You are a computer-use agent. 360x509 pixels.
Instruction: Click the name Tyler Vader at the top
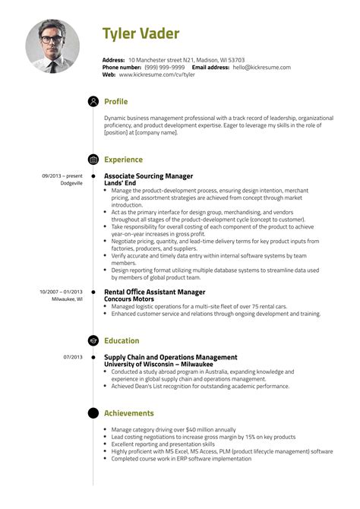tap(141, 33)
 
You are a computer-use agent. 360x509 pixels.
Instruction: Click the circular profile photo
tap(52, 46)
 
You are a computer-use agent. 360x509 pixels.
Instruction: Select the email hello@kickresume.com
tap(261, 67)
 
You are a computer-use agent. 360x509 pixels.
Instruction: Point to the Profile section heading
tap(116, 102)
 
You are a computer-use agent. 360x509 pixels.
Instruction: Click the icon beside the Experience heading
tap(93, 160)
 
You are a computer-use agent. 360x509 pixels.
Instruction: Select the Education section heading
tap(122, 340)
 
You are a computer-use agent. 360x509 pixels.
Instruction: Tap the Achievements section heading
tap(129, 413)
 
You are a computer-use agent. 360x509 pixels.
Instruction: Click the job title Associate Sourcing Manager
tap(148, 175)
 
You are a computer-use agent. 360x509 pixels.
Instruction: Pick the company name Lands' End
tap(122, 183)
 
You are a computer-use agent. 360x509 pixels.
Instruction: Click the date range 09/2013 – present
tap(62, 175)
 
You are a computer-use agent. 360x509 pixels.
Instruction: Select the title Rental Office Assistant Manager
tap(154, 291)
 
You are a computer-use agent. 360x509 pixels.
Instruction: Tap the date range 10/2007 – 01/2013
tap(60, 291)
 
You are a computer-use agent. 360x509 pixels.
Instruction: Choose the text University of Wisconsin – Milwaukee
tap(157, 364)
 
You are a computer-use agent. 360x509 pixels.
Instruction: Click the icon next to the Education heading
tap(93, 340)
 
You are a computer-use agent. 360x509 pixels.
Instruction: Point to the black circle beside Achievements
tap(93, 413)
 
